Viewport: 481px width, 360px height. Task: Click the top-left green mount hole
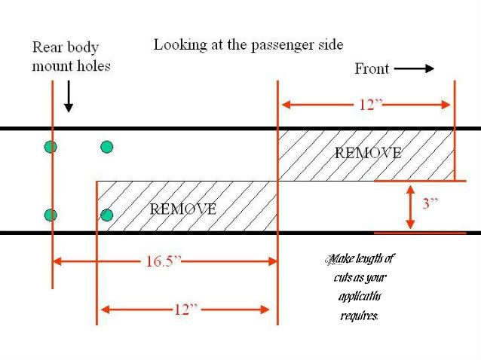click(51, 147)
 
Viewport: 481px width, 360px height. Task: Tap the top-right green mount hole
click(107, 147)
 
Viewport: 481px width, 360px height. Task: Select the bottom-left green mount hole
click(51, 215)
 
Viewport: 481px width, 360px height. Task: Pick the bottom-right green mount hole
click(107, 215)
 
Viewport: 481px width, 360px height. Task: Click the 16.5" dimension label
click(163, 262)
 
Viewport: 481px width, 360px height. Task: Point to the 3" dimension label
click(430, 203)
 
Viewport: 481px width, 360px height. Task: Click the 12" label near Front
click(367, 105)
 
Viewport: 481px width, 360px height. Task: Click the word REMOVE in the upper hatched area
click(368, 153)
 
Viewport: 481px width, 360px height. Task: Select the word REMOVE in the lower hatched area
click(183, 209)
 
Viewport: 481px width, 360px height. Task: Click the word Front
click(372, 69)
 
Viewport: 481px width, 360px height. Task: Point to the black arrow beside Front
click(414, 69)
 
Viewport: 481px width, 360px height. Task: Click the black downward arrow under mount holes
click(69, 97)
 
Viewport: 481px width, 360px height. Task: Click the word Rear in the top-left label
click(47, 47)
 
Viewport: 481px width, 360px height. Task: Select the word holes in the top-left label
click(93, 66)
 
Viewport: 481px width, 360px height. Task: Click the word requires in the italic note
click(359, 315)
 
